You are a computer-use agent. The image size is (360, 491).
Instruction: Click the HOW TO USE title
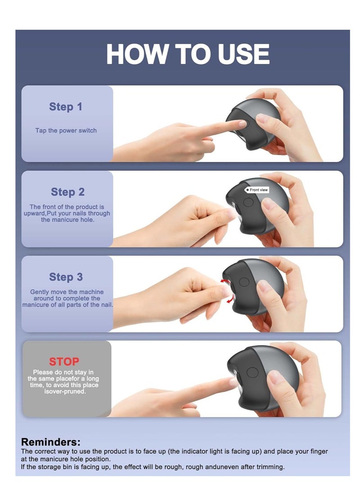tap(188, 54)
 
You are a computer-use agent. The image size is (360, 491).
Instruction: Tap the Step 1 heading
tap(65, 107)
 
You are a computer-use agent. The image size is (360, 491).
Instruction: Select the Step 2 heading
tap(67, 192)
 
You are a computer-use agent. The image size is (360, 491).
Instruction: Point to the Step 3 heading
tap(66, 277)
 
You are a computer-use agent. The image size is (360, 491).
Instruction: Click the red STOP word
tap(64, 362)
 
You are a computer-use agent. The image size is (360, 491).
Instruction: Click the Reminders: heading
tap(51, 442)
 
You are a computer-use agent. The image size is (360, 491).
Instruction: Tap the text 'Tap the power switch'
tap(66, 131)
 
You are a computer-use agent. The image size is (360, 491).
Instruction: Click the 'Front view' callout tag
tap(256, 190)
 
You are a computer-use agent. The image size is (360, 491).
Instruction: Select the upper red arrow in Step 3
tap(224, 281)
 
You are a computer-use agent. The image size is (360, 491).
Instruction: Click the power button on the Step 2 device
tap(248, 202)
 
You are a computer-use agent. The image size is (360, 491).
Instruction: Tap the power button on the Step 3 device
tap(244, 282)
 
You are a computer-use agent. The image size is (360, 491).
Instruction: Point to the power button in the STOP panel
tap(252, 373)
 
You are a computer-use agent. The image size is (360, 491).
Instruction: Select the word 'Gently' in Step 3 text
tap(40, 292)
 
